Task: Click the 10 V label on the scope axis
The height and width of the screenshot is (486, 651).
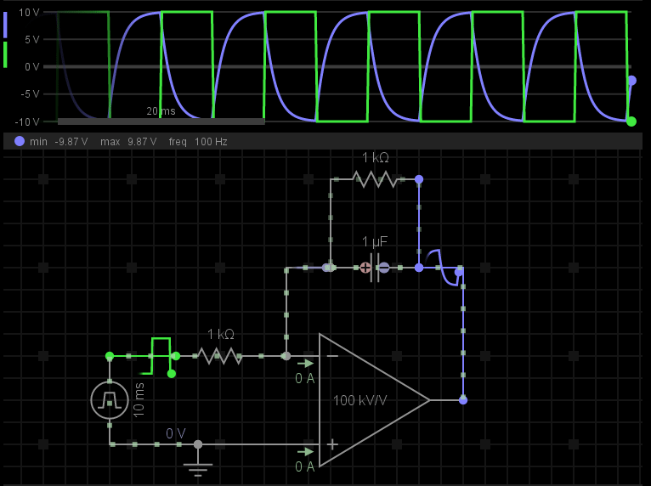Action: pos(29,13)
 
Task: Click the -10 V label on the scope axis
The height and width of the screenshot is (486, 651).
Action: pos(27,121)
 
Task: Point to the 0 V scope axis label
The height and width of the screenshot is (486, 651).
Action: pos(31,67)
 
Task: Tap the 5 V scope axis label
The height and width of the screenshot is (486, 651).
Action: pos(31,40)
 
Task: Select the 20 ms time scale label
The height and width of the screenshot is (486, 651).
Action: pos(161,111)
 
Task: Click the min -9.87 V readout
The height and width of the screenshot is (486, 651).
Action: pos(59,142)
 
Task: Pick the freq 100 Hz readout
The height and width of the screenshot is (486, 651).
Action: pos(198,142)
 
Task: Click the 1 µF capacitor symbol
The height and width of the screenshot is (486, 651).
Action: pos(374,268)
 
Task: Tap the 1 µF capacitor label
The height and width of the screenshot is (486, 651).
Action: pos(375,242)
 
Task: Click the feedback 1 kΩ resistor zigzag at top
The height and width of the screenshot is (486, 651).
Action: pos(375,179)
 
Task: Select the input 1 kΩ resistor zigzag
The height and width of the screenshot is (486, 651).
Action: pos(220,356)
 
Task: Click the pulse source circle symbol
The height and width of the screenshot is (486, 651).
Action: pos(110,399)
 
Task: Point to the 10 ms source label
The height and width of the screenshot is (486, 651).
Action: pos(139,399)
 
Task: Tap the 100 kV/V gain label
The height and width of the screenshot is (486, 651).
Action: pos(360,400)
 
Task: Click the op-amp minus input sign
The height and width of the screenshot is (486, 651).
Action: pos(332,356)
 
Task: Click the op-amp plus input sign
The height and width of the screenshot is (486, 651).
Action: pos(332,444)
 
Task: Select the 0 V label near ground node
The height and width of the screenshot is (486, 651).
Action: pos(175,433)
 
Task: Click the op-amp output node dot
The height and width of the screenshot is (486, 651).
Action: pos(463,400)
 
